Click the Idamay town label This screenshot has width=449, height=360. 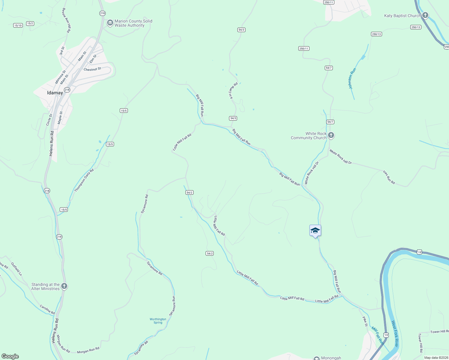click(55, 93)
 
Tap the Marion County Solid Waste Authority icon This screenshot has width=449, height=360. click(110, 23)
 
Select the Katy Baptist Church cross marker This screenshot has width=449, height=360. click(425, 15)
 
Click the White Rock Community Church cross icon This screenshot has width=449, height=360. click(331, 135)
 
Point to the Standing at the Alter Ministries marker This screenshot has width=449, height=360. click(64, 286)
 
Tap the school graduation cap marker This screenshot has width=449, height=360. click(315, 231)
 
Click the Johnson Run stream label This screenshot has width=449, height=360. click(352, 78)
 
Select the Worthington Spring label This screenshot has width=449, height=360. click(158, 321)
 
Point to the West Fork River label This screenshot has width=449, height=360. click(395, 334)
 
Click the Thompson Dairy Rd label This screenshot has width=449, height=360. click(84, 180)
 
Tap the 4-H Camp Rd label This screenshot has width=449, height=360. click(233, 91)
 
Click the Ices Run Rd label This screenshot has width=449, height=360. click(389, 177)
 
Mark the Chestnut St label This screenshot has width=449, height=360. click(92, 69)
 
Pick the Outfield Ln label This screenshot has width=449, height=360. click(17, 269)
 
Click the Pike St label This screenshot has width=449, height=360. click(365, 321)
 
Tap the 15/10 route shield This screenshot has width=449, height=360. click(18, 25)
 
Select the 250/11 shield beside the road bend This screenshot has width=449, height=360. click(304, 49)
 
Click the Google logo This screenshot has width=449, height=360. click(10, 356)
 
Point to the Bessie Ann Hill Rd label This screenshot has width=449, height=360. click(66, 20)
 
